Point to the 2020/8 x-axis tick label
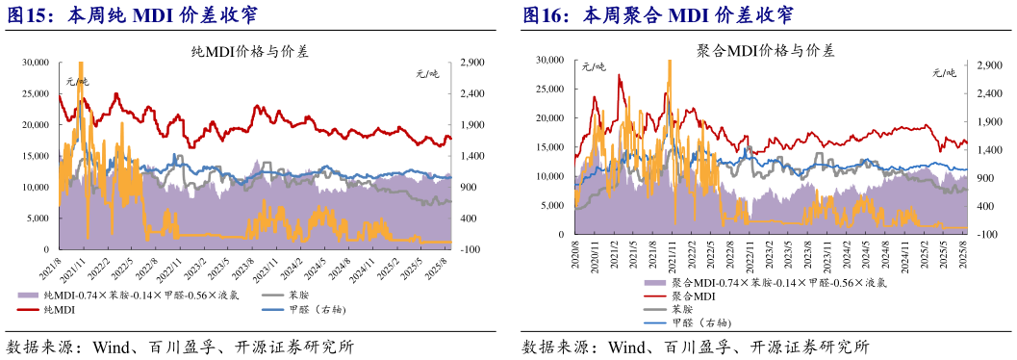pos(575,252)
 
